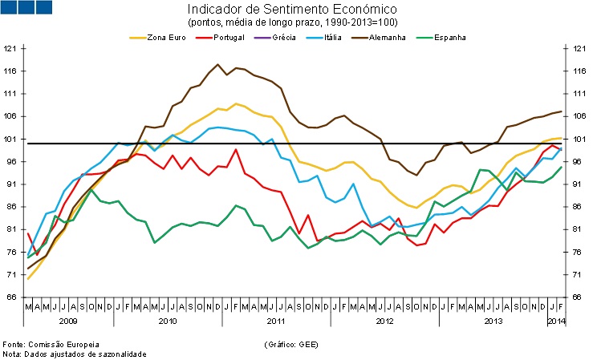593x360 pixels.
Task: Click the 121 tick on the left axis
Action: pyautogui.click(x=10, y=49)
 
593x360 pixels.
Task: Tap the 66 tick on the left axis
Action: pyautogui.click(x=12, y=297)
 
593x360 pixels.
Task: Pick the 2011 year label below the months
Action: pyautogui.click(x=275, y=321)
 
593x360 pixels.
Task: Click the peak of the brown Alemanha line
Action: pyautogui.click(x=218, y=65)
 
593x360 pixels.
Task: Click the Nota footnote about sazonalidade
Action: pyautogui.click(x=75, y=354)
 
